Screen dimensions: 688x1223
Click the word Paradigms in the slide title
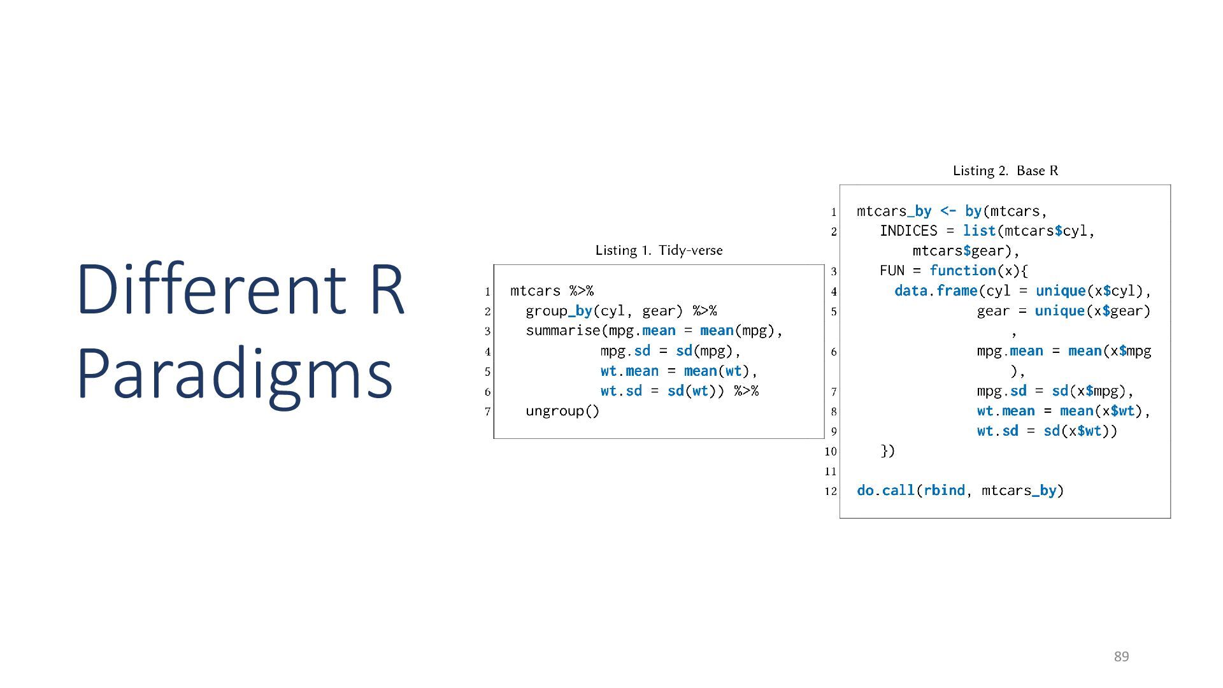click(234, 374)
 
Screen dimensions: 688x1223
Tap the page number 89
click(1121, 657)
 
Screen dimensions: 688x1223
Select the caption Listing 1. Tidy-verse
click(659, 250)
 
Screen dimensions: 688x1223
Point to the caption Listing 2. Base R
click(1005, 171)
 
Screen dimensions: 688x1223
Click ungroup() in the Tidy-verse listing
click(562, 411)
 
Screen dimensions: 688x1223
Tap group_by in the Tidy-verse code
click(559, 311)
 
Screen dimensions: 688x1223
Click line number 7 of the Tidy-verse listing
click(487, 412)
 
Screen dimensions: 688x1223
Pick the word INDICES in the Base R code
click(908, 231)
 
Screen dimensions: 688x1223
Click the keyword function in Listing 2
click(962, 271)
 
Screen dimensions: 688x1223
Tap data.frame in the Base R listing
click(935, 291)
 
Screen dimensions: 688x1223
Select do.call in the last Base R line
click(885, 491)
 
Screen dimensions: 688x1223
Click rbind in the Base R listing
click(944, 491)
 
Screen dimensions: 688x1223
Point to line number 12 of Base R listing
click(830, 491)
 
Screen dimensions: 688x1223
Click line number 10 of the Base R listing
click(830, 452)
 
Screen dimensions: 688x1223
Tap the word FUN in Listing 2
click(892, 271)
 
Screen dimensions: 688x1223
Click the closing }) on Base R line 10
click(887, 451)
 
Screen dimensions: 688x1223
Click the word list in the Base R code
click(979, 231)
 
